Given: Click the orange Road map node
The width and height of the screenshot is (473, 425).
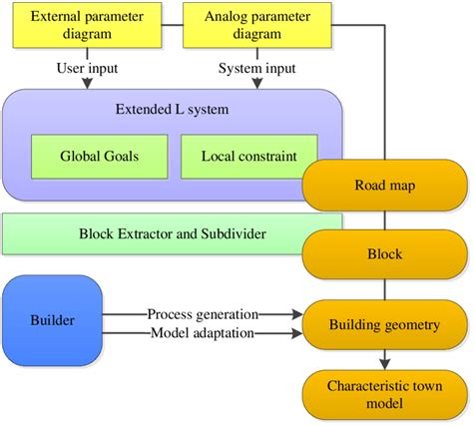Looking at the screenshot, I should [384, 186].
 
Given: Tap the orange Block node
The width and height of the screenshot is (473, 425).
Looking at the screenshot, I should [384, 254].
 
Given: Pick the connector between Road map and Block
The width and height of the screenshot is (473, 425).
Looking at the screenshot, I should [384, 220].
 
